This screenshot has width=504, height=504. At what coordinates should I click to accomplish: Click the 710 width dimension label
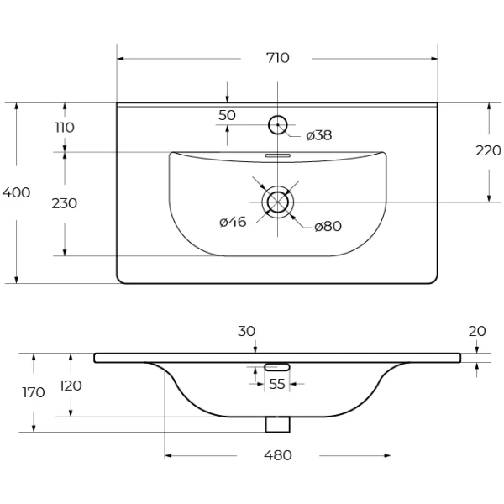tap(277, 58)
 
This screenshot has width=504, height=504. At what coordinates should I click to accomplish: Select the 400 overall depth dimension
tap(16, 192)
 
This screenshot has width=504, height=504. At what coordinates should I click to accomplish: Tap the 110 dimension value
tap(65, 128)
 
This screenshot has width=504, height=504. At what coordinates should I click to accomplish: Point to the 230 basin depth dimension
tap(65, 203)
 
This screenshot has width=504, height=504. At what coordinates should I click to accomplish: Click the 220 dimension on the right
tap(488, 151)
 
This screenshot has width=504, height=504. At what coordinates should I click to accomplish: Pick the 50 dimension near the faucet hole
tap(227, 115)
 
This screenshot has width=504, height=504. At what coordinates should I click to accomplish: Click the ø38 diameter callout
tap(318, 134)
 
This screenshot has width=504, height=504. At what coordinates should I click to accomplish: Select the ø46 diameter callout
tap(233, 222)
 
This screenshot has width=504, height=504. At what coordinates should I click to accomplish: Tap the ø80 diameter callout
tap(328, 226)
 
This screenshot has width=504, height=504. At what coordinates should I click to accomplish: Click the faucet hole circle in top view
tap(277, 126)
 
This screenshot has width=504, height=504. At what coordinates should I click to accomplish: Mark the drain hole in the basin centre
tap(277, 202)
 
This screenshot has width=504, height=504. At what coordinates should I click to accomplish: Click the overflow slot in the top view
tap(277, 155)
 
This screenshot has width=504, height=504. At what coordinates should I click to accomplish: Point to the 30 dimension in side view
tap(246, 332)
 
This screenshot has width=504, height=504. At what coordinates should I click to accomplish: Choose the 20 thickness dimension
tap(476, 332)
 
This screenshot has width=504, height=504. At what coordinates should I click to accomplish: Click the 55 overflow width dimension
tap(276, 384)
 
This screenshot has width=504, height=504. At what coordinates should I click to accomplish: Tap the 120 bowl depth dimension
tap(71, 386)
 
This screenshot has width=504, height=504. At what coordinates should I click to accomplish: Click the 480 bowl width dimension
tap(277, 455)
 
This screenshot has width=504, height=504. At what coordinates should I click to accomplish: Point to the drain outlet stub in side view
tap(277, 424)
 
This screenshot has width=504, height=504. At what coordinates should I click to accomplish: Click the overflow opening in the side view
tap(277, 367)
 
